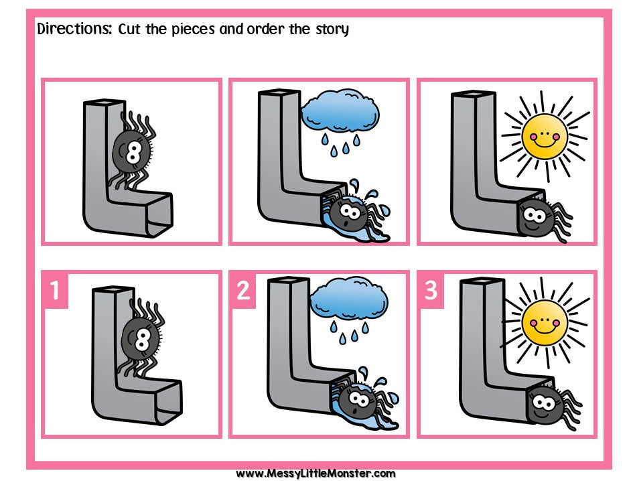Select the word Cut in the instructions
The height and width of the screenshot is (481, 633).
pyautogui.click(x=131, y=29)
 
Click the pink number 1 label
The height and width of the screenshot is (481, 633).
pyautogui.click(x=54, y=291)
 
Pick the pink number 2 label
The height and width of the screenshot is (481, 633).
pyautogui.click(x=242, y=291)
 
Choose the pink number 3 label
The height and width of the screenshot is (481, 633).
pyautogui.click(x=431, y=291)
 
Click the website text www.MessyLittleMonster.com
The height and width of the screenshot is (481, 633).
pyautogui.click(x=315, y=473)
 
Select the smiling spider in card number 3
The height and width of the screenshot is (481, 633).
pyautogui.click(x=549, y=402)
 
